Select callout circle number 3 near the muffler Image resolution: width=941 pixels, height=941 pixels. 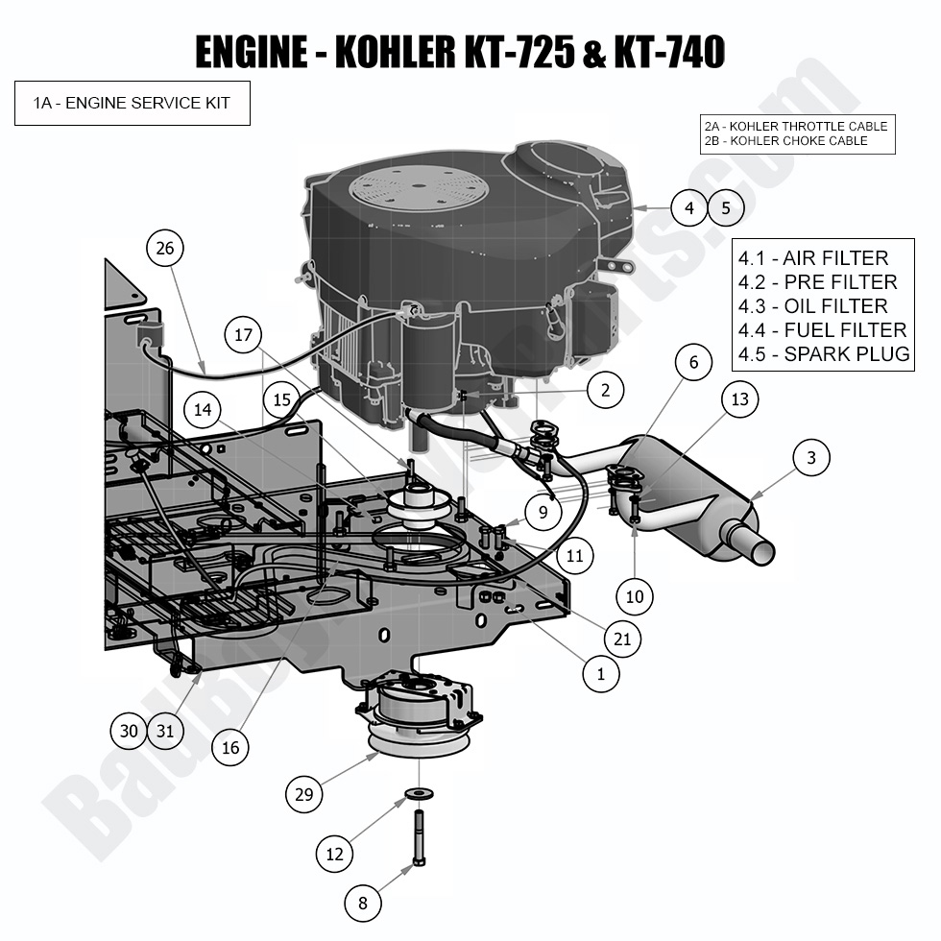tap(811, 459)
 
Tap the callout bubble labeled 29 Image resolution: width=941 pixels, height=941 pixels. tap(304, 794)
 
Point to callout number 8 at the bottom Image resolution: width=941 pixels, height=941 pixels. tap(363, 903)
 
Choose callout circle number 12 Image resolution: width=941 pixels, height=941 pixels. tap(335, 853)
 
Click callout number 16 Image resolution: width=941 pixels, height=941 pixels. tap(230, 747)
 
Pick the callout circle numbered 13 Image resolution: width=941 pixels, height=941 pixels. tap(739, 398)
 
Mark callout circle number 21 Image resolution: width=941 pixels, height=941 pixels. tap(621, 638)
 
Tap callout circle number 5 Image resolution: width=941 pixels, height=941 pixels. tap(726, 207)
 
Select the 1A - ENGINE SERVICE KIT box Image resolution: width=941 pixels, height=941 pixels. tap(133, 103)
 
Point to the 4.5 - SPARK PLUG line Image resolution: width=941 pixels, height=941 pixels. tap(823, 353)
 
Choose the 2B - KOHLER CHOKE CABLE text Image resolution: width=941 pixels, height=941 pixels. tap(785, 141)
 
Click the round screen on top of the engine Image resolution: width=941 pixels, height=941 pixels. tap(417, 188)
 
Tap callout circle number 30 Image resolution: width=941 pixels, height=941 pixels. tap(129, 732)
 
